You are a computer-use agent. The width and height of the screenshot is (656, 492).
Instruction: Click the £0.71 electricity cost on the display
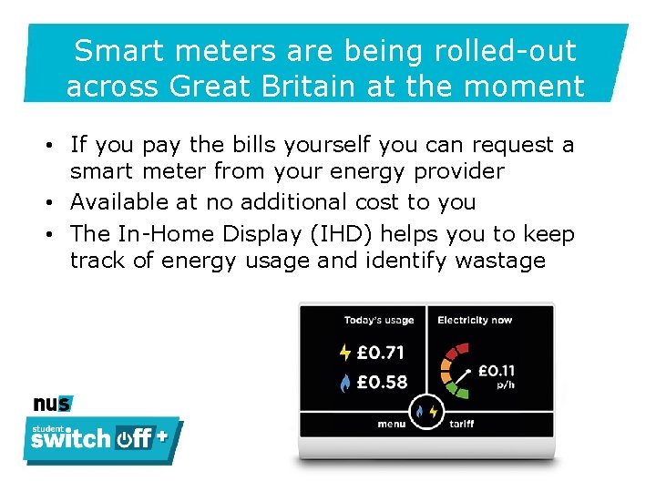381,352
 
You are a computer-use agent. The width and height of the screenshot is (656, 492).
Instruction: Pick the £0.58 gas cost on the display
381,382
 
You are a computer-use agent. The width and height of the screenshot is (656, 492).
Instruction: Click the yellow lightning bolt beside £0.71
344,352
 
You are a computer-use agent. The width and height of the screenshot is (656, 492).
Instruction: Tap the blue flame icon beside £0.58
344,383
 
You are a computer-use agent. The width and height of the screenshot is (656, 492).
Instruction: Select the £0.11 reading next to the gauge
496,371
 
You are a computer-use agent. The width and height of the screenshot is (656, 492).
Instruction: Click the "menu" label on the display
392,425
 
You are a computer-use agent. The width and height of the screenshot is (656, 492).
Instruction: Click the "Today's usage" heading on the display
378,320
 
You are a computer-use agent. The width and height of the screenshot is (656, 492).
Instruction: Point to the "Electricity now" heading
475,320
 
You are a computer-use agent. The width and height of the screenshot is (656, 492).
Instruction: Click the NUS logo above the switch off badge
52,404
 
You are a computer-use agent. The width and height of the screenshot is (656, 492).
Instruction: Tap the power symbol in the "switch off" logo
125,439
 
